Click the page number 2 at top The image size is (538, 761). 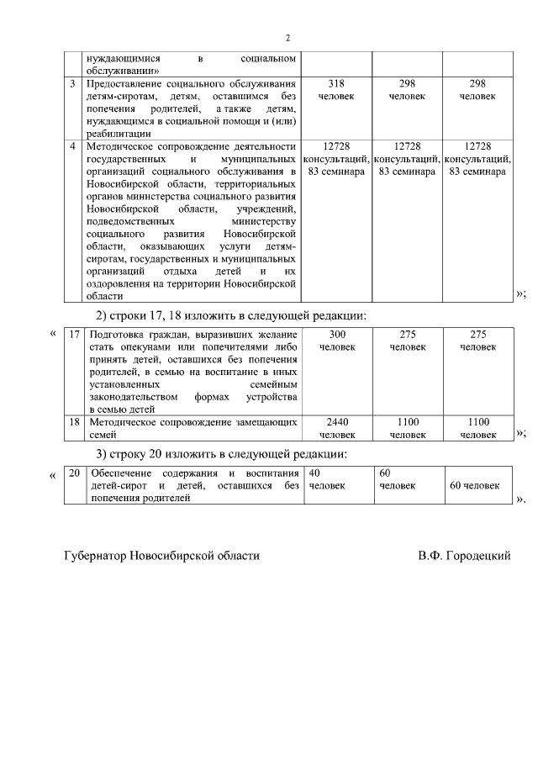coord(287,39)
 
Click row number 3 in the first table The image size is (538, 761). coord(73,84)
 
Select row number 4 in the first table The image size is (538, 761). coord(73,146)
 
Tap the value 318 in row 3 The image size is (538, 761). coord(336,84)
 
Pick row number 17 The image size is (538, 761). coord(74,334)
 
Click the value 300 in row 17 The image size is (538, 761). coord(336,334)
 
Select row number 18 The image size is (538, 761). coord(74,421)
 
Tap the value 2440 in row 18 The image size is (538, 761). coord(336,421)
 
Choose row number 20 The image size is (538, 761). coord(74,473)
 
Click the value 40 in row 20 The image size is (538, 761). coord(315,473)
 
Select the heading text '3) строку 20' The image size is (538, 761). coord(134,454)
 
